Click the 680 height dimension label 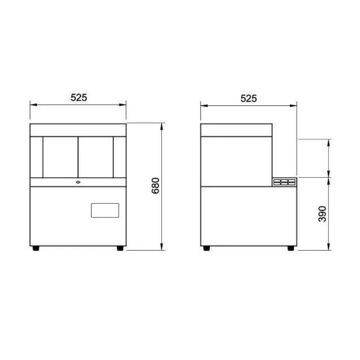tap(156, 186)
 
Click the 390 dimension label tap(322, 214)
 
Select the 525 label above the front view tap(79, 97)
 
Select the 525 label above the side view tap(248, 98)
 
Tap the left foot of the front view tap(36, 248)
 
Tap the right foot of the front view tap(120, 248)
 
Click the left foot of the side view tap(207, 248)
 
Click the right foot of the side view tap(291, 248)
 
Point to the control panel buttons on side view tap(284, 182)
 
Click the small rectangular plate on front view tap(105, 211)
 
